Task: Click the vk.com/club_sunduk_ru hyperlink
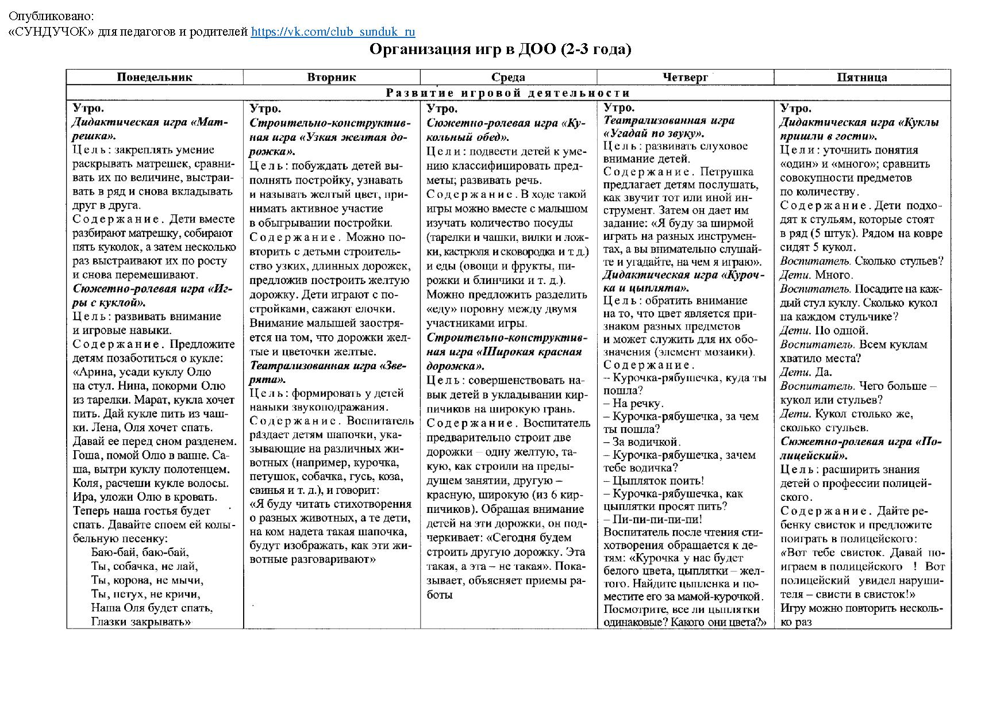pos(333,32)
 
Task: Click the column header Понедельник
pos(155,77)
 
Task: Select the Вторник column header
pos(332,77)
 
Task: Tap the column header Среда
pos(508,77)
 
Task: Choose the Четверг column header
pos(685,77)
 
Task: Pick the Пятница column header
pos(861,77)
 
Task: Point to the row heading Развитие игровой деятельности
pos(508,93)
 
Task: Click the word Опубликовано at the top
pos(51,17)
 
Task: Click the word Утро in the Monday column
pos(89,108)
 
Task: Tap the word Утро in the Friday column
pos(795,108)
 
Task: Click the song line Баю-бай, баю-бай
pos(140,553)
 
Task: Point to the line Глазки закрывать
pos(141,622)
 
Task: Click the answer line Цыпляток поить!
pos(653,481)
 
